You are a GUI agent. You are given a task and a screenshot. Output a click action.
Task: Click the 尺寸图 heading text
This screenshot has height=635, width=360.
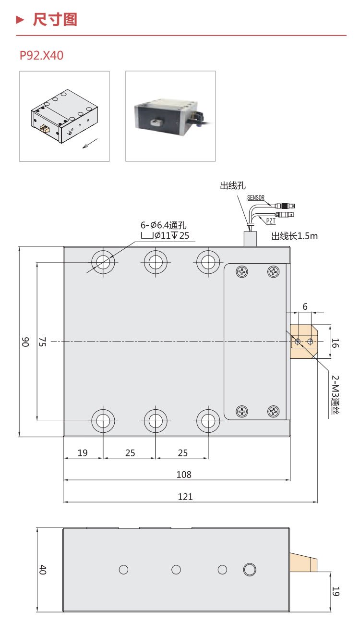(x=55, y=20)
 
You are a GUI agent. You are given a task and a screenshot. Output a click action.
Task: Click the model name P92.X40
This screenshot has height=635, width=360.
(x=41, y=56)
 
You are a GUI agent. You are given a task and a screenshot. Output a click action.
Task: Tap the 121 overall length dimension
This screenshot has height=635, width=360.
(x=185, y=497)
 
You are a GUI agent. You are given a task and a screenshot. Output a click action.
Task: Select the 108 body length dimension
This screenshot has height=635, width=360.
(x=184, y=475)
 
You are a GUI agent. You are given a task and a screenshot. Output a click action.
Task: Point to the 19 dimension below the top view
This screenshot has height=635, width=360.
(x=83, y=452)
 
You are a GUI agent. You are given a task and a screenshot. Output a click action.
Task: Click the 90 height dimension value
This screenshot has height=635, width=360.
(x=25, y=342)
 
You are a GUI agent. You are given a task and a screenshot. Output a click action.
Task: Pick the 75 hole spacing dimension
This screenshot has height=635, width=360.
(x=42, y=342)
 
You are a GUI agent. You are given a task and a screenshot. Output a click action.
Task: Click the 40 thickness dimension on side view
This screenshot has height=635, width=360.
(x=43, y=570)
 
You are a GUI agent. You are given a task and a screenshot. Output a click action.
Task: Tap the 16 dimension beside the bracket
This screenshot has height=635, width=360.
(x=336, y=342)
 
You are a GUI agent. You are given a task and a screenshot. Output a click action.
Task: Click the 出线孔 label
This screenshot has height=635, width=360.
(x=233, y=186)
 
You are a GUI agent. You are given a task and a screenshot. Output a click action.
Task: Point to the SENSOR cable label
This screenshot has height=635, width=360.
(x=256, y=198)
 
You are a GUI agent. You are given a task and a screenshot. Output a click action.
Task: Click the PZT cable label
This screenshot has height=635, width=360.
(x=271, y=220)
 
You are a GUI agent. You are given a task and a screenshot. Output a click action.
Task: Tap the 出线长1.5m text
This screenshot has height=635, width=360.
(x=295, y=236)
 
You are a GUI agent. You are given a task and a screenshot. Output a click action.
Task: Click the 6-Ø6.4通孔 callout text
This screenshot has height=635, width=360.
(x=163, y=225)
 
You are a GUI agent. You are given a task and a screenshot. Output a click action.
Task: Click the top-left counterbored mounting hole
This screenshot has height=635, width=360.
(x=103, y=262)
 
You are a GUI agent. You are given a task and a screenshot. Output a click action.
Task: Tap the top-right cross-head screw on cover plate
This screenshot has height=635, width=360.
(x=274, y=272)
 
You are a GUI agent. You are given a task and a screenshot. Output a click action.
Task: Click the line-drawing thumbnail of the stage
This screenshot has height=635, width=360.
(x=64, y=116)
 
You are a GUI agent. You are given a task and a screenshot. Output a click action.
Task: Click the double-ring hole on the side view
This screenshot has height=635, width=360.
(x=250, y=570)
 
